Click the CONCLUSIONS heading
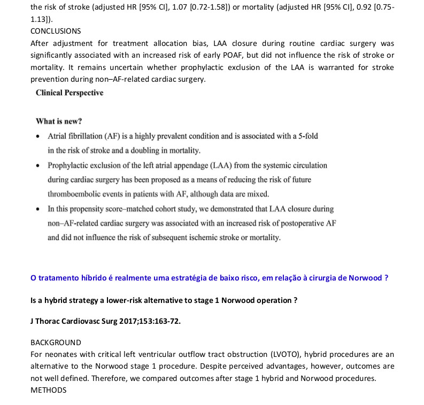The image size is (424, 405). click(56, 31)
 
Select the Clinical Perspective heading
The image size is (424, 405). click(70, 93)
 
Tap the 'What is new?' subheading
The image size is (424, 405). click(59, 121)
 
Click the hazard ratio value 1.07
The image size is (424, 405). click(188, 7)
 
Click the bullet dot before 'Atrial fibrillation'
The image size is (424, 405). click(38, 136)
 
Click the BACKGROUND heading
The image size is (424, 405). click(56, 342)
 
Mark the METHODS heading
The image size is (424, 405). click(49, 390)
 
